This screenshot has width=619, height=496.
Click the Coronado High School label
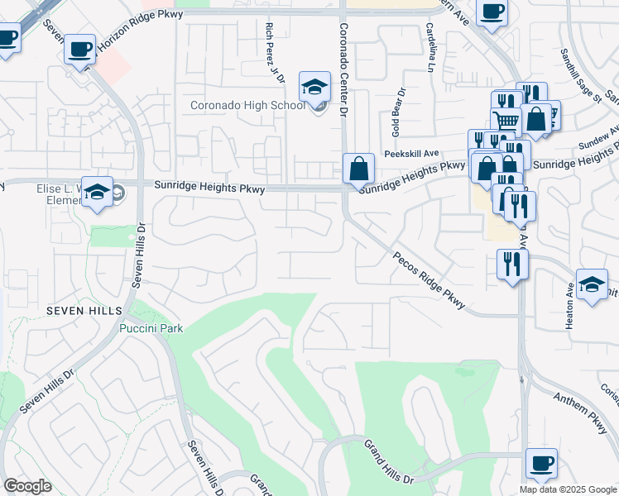247,105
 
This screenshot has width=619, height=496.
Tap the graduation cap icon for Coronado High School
314,87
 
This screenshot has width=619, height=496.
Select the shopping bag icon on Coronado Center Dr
358,169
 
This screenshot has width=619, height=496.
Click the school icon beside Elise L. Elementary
98,193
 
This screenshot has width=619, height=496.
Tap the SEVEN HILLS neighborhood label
84,310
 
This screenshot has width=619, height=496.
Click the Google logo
27,486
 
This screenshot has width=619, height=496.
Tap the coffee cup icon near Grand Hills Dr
540,464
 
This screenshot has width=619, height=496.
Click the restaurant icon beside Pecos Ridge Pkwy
511,265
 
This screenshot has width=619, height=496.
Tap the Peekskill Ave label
411,154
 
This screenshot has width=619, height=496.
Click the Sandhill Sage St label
580,75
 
